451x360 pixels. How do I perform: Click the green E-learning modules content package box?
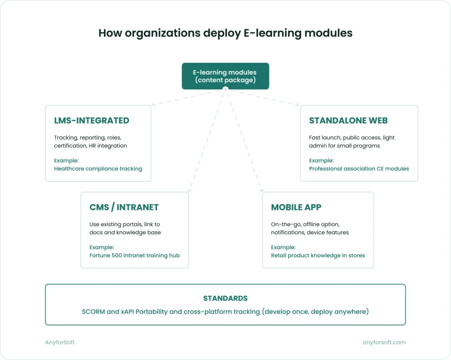point(225,76)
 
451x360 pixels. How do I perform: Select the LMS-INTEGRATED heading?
point(92,121)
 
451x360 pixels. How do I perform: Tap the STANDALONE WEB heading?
point(348,121)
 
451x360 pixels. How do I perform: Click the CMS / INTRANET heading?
point(124,207)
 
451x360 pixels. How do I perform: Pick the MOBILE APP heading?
point(296,207)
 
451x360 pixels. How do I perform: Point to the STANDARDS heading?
point(225,298)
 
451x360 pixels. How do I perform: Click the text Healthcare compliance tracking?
point(98,169)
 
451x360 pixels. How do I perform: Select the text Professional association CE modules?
point(359,169)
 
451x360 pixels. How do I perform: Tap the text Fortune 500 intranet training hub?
point(134,255)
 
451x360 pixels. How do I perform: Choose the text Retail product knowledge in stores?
point(318,255)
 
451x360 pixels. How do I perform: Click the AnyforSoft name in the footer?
point(60,342)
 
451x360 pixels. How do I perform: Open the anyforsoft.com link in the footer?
point(384,342)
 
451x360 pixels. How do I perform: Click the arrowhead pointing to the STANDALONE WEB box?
point(297,105)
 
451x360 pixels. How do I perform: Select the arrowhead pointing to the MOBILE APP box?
point(261,190)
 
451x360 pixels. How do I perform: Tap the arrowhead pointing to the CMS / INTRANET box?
point(189,190)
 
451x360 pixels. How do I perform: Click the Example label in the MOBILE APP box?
point(283,247)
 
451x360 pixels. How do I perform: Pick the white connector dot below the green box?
point(225,89)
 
